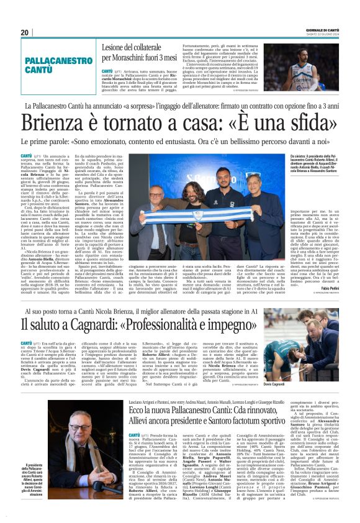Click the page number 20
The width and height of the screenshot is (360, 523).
[25, 32]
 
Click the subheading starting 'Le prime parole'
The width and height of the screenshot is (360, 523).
[180, 141]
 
